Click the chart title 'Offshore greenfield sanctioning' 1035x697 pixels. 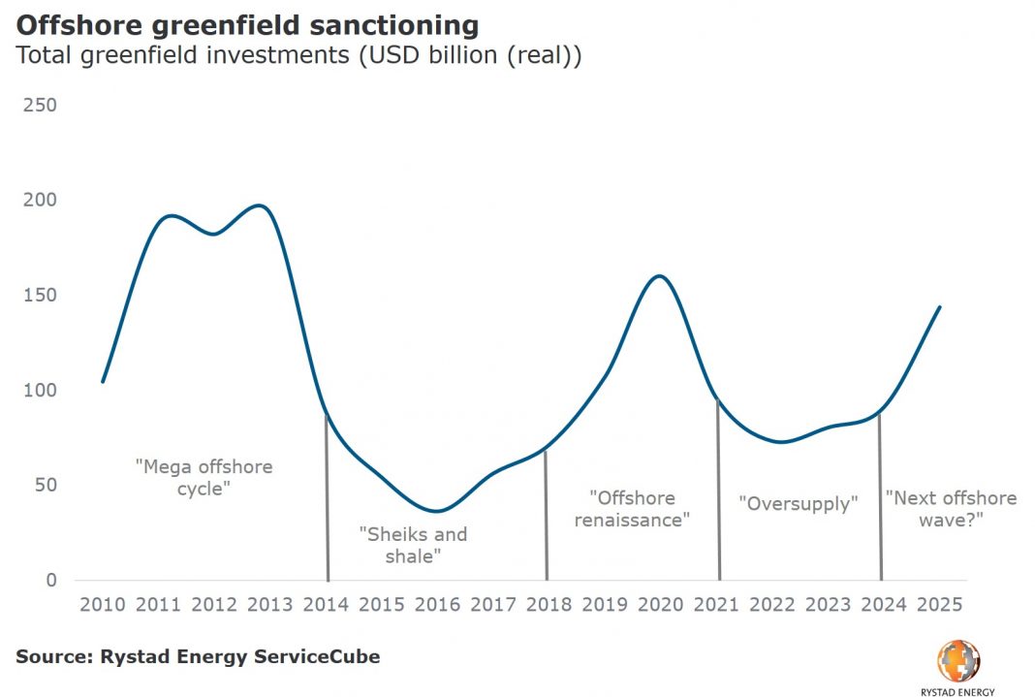[247, 24]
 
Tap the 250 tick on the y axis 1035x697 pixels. [39, 105]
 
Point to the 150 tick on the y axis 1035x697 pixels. [39, 295]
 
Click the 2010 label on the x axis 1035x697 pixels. [103, 605]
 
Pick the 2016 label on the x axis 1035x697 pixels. [437, 605]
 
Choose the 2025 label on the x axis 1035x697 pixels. [939, 605]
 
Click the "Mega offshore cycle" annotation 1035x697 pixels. [204, 477]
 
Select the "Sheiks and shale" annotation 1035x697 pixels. [413, 545]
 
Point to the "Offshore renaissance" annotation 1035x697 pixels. [632, 509]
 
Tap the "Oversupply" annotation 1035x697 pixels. [800, 504]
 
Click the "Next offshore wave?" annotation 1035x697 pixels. [951, 509]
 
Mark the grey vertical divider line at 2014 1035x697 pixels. [328, 504]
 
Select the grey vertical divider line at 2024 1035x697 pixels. [880, 504]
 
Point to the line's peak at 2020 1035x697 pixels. [659, 276]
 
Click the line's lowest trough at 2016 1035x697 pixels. [437, 511]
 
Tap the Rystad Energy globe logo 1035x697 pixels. [957, 660]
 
